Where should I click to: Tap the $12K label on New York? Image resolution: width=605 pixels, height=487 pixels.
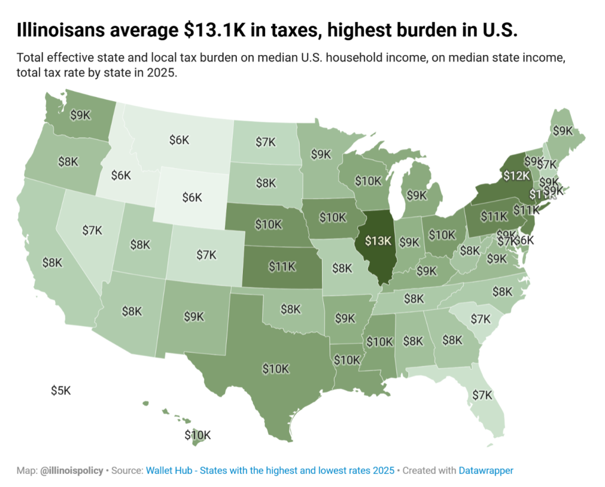pyautogui.click(x=515, y=176)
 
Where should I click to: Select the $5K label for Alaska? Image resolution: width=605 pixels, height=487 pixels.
pyautogui.click(x=60, y=391)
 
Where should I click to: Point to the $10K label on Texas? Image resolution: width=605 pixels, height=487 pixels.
pyautogui.click(x=276, y=368)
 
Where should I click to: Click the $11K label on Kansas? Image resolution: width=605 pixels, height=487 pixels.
pyautogui.click(x=282, y=267)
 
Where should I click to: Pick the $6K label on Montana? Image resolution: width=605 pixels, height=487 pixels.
pyautogui.click(x=179, y=140)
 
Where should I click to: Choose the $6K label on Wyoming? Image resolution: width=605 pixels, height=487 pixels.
pyautogui.click(x=192, y=198)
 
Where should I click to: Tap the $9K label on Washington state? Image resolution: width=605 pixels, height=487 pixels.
pyautogui.click(x=80, y=115)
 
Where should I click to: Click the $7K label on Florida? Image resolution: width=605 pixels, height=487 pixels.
pyautogui.click(x=482, y=395)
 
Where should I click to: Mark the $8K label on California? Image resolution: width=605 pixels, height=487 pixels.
pyautogui.click(x=52, y=262)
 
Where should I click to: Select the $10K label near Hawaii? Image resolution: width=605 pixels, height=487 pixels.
pyautogui.click(x=197, y=436)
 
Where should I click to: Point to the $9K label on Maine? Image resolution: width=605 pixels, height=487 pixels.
pyautogui.click(x=562, y=130)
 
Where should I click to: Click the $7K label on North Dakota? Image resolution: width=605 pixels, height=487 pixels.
pyautogui.click(x=265, y=142)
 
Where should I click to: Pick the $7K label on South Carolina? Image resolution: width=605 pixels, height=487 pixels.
pyautogui.click(x=480, y=319)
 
